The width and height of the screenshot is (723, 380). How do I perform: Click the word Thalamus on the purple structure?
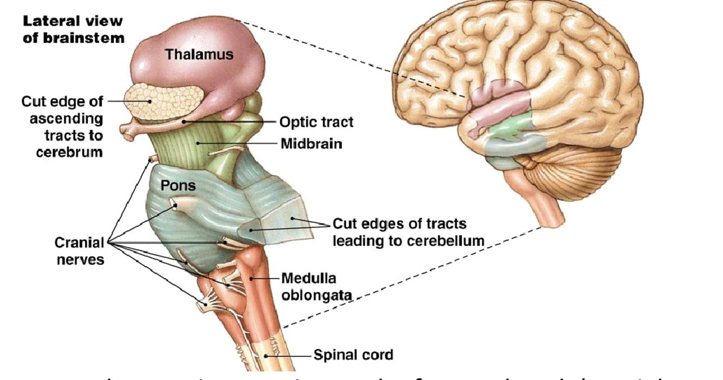point(199,54)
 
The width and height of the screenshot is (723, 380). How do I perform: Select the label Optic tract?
point(316,122)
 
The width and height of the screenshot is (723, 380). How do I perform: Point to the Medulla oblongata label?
point(317,287)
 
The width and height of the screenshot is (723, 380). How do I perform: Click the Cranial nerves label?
point(79,251)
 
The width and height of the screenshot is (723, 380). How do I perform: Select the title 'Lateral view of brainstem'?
point(73,30)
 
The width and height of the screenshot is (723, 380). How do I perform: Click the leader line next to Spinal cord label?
point(291,356)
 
